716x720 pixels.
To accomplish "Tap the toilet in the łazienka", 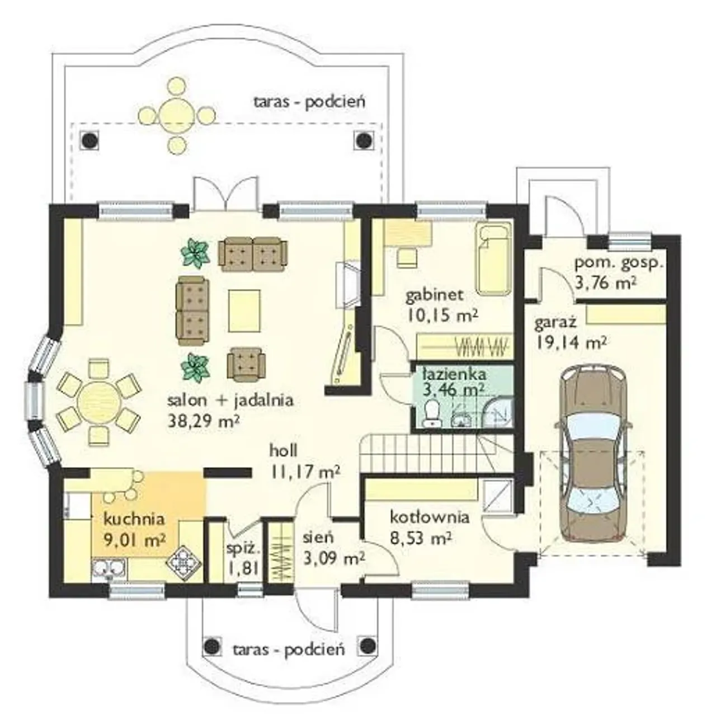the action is coord(433,412).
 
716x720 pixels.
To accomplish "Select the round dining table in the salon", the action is coord(100,402).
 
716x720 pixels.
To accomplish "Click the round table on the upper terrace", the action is coord(176,112).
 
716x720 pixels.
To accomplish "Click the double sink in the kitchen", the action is coord(109,570).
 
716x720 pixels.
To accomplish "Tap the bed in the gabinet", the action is coord(494,261).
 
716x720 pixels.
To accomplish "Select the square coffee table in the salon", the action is coord(244,311).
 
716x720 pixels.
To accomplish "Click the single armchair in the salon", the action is coord(247,365).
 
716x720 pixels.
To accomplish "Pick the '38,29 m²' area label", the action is coord(204,421).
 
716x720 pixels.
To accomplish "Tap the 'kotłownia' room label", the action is coord(430,517).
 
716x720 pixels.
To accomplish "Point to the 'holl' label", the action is coord(284,450).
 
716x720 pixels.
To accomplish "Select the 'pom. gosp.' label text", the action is coord(619,264).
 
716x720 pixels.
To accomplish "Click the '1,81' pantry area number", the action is coord(242,569).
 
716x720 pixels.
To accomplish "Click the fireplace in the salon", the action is coord(347,286).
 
